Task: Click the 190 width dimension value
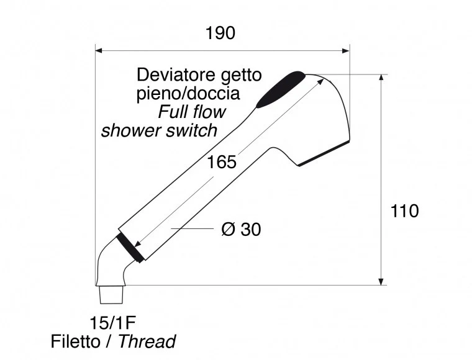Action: pos(220,33)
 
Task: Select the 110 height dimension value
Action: pos(404,211)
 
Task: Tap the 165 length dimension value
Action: pos(222,162)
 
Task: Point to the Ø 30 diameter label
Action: pos(241,230)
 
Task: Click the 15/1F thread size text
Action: pos(112,323)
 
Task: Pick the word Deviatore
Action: pos(177,74)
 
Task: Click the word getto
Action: pos(241,76)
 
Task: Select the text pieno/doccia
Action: pos(188,94)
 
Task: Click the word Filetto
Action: pos(76,341)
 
